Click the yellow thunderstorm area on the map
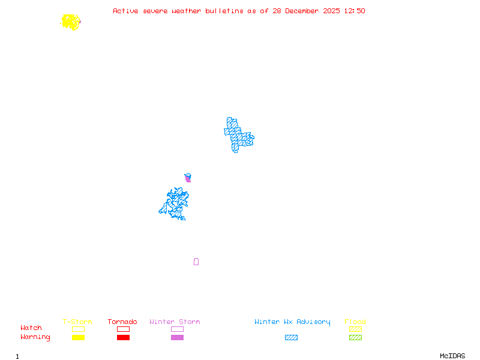pyautogui.click(x=71, y=22)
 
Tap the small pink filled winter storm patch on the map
pyautogui.click(x=188, y=178)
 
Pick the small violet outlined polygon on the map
pyautogui.click(x=196, y=262)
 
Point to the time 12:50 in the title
pyautogui.click(x=353, y=11)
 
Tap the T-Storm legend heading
pyautogui.click(x=77, y=322)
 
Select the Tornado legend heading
pyautogui.click(x=122, y=322)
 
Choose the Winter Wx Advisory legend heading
pyautogui.click(x=292, y=322)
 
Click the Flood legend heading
pyautogui.click(x=355, y=322)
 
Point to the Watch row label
pyautogui.click(x=31, y=328)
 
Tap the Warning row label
pyautogui.click(x=35, y=337)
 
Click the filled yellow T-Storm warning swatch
pyautogui.click(x=78, y=338)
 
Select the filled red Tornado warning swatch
pyautogui.click(x=123, y=338)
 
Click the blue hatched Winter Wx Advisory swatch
pyautogui.click(x=291, y=338)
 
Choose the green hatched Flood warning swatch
pyautogui.click(x=355, y=338)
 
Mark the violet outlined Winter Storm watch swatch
pyautogui.click(x=177, y=329)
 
